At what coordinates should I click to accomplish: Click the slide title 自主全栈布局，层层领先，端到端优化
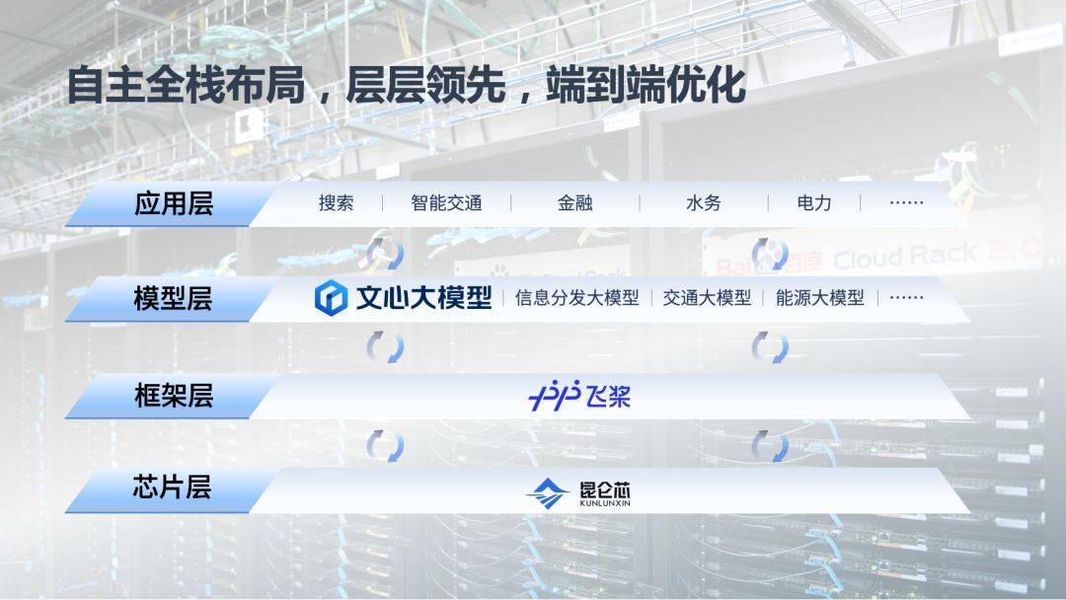(x=405, y=86)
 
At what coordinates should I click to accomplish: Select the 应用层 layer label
(x=173, y=204)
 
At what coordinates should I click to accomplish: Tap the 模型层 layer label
(x=173, y=298)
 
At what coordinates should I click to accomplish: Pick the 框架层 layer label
(x=173, y=396)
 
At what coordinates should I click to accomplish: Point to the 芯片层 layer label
(x=173, y=487)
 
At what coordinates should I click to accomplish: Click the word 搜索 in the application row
(x=336, y=203)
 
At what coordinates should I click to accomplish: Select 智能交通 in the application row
(x=446, y=203)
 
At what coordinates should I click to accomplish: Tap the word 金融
(x=574, y=203)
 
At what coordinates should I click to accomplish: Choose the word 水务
(x=703, y=203)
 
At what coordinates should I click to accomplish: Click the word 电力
(x=814, y=203)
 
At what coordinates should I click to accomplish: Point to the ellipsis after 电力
(x=906, y=203)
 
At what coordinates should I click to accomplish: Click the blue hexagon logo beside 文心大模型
(x=331, y=298)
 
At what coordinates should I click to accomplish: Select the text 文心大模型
(x=423, y=298)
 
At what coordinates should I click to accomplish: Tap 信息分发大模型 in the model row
(x=576, y=298)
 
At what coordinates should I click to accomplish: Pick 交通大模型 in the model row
(x=707, y=298)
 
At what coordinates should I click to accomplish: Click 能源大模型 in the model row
(x=819, y=298)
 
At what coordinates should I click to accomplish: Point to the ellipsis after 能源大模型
(x=906, y=298)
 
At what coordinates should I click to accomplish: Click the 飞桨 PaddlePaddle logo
(x=579, y=396)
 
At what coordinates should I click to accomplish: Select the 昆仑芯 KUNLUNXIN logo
(x=578, y=491)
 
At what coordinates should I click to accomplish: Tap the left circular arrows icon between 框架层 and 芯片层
(x=385, y=445)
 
